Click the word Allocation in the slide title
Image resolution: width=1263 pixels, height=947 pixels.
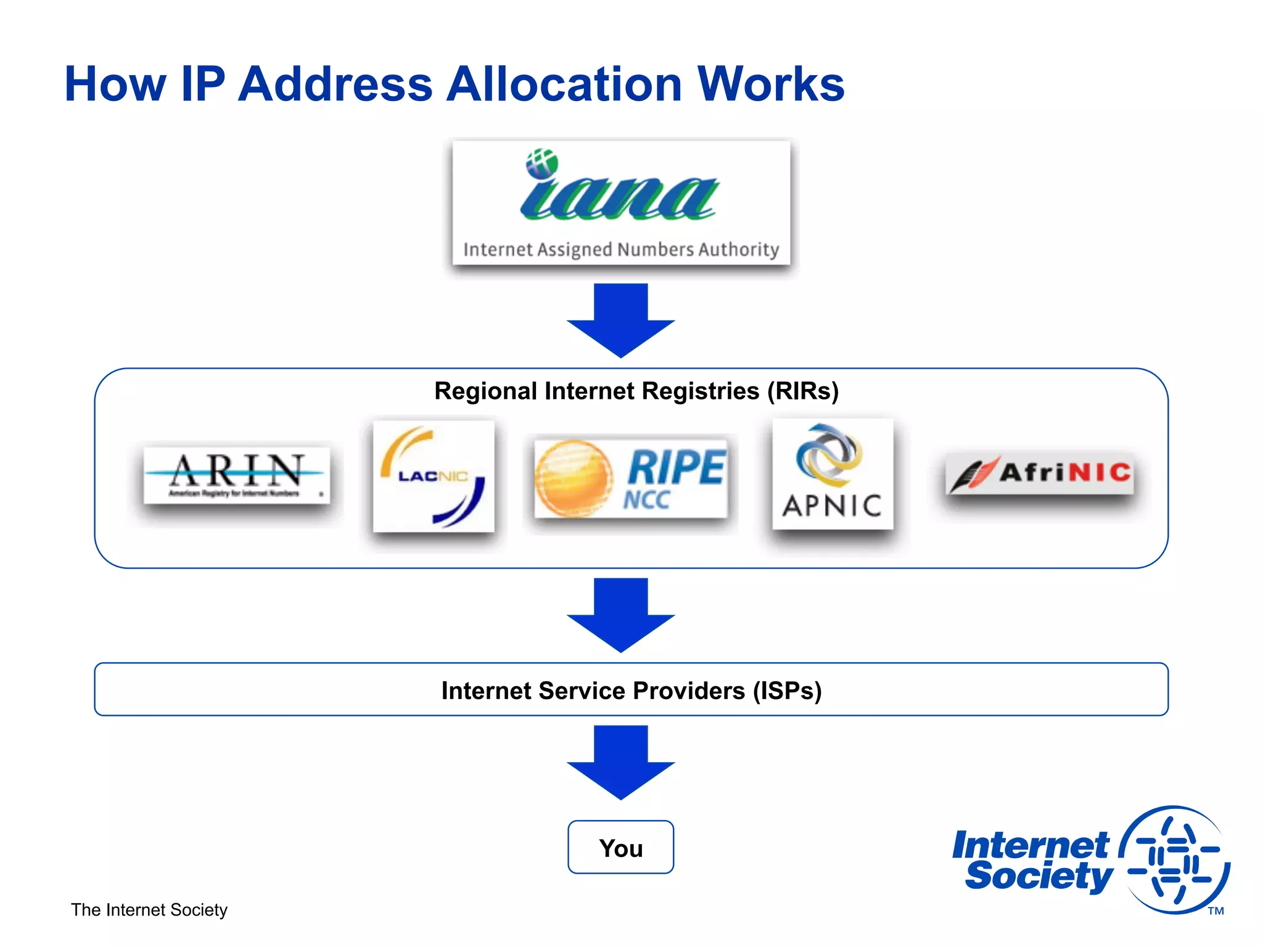(x=564, y=84)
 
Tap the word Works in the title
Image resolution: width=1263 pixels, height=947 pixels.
(x=770, y=84)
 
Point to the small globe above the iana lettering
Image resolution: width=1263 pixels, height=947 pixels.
(x=541, y=163)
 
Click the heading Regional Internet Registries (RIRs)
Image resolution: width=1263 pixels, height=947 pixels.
(x=636, y=391)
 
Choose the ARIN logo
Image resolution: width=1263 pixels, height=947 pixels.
(x=237, y=475)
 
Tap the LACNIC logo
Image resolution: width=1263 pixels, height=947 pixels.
(x=434, y=476)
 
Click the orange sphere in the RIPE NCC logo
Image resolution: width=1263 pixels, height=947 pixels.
(x=573, y=478)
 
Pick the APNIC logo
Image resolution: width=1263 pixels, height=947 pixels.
(x=833, y=473)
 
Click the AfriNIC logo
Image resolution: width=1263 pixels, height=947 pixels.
(x=1039, y=473)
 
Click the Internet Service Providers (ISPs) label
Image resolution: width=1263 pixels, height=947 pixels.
(x=631, y=691)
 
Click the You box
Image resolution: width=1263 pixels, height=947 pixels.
(x=620, y=848)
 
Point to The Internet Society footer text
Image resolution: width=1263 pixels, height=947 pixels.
(x=149, y=910)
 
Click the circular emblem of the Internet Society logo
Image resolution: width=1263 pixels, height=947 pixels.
(x=1174, y=859)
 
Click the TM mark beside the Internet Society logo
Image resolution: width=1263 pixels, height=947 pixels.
(x=1216, y=911)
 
